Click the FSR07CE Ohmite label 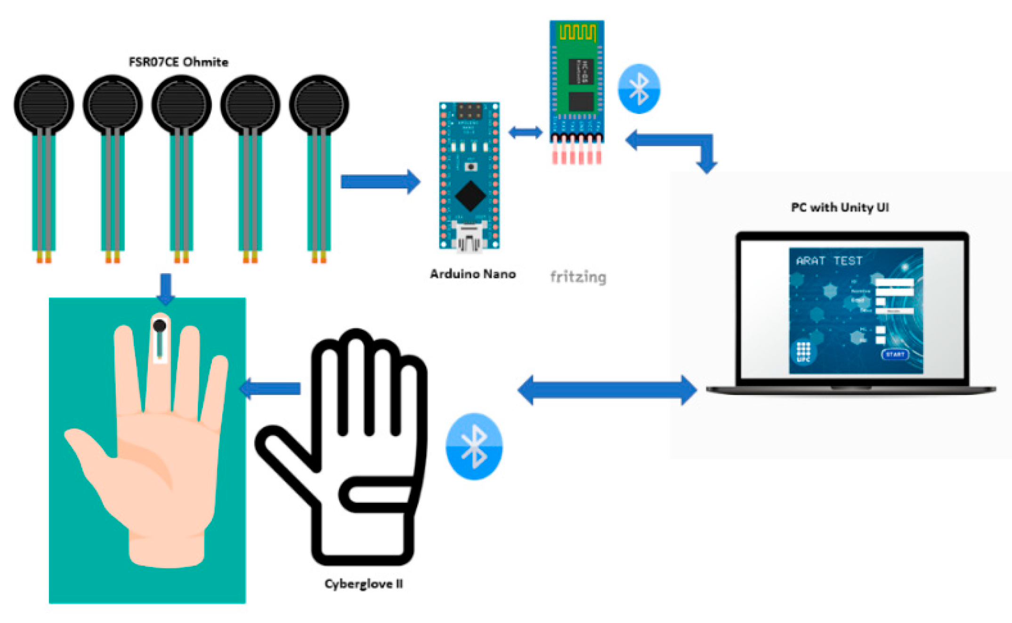point(178,62)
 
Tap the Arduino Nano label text point(472,274)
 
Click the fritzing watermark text point(578,276)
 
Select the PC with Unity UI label point(840,207)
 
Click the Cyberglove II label point(364,583)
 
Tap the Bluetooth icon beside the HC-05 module point(639,89)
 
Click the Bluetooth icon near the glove point(474,446)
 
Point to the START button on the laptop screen point(894,354)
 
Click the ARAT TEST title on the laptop point(829,260)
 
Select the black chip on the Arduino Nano point(470,195)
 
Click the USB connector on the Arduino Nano point(469,235)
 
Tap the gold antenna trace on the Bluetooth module point(577,32)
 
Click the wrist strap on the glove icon point(377,494)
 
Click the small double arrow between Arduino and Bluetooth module point(526,132)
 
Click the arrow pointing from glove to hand point(271,388)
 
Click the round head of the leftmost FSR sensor point(44,104)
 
